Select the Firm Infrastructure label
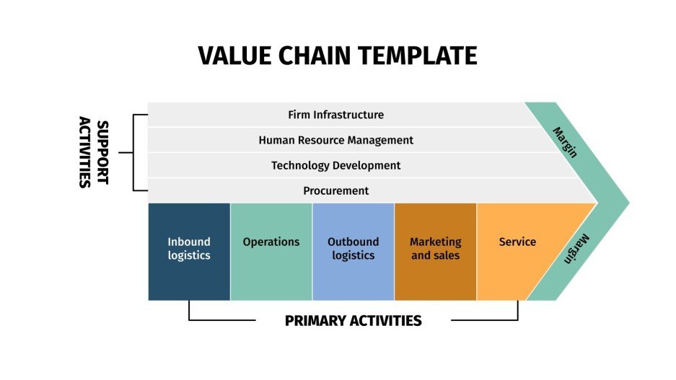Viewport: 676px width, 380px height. tap(335, 115)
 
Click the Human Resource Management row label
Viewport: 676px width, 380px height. tap(335, 140)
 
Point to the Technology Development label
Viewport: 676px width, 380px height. tap(335, 165)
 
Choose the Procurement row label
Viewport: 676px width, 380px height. tap(335, 190)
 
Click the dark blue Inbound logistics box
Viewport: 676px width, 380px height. tap(189, 251)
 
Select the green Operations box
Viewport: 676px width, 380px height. tap(271, 251)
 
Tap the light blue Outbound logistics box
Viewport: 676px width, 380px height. tap(353, 251)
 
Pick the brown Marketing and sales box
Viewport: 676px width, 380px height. tap(435, 251)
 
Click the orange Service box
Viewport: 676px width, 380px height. tap(517, 251)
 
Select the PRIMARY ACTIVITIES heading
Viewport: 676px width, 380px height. tap(353, 321)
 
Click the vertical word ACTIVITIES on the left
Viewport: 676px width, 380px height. tap(84, 153)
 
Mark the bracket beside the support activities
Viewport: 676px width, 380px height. tap(133, 153)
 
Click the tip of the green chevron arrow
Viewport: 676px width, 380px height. tap(627, 203)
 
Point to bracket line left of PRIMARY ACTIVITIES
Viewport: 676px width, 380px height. tap(216, 320)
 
